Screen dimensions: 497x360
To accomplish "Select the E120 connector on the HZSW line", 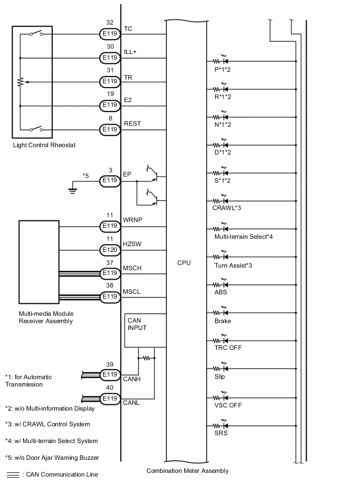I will pyautogui.click(x=110, y=249).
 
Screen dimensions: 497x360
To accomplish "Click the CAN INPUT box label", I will pyautogui.click(x=137, y=324).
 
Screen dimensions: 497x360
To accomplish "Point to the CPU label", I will pyautogui.click(x=184, y=263).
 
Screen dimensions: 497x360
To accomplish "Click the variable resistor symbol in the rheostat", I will pyautogui.click(x=20, y=82).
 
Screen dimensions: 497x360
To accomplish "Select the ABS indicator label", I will pyautogui.click(x=220, y=292).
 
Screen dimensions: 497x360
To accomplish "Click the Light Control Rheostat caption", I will pyautogui.click(x=44, y=145).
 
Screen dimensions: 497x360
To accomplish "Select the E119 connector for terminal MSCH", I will pyautogui.click(x=110, y=273).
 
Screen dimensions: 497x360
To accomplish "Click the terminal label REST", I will pyautogui.click(x=131, y=124).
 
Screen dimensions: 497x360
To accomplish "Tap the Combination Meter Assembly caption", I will pyautogui.click(x=187, y=471).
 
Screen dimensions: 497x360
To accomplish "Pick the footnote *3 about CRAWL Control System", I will pyautogui.click(x=47, y=424).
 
